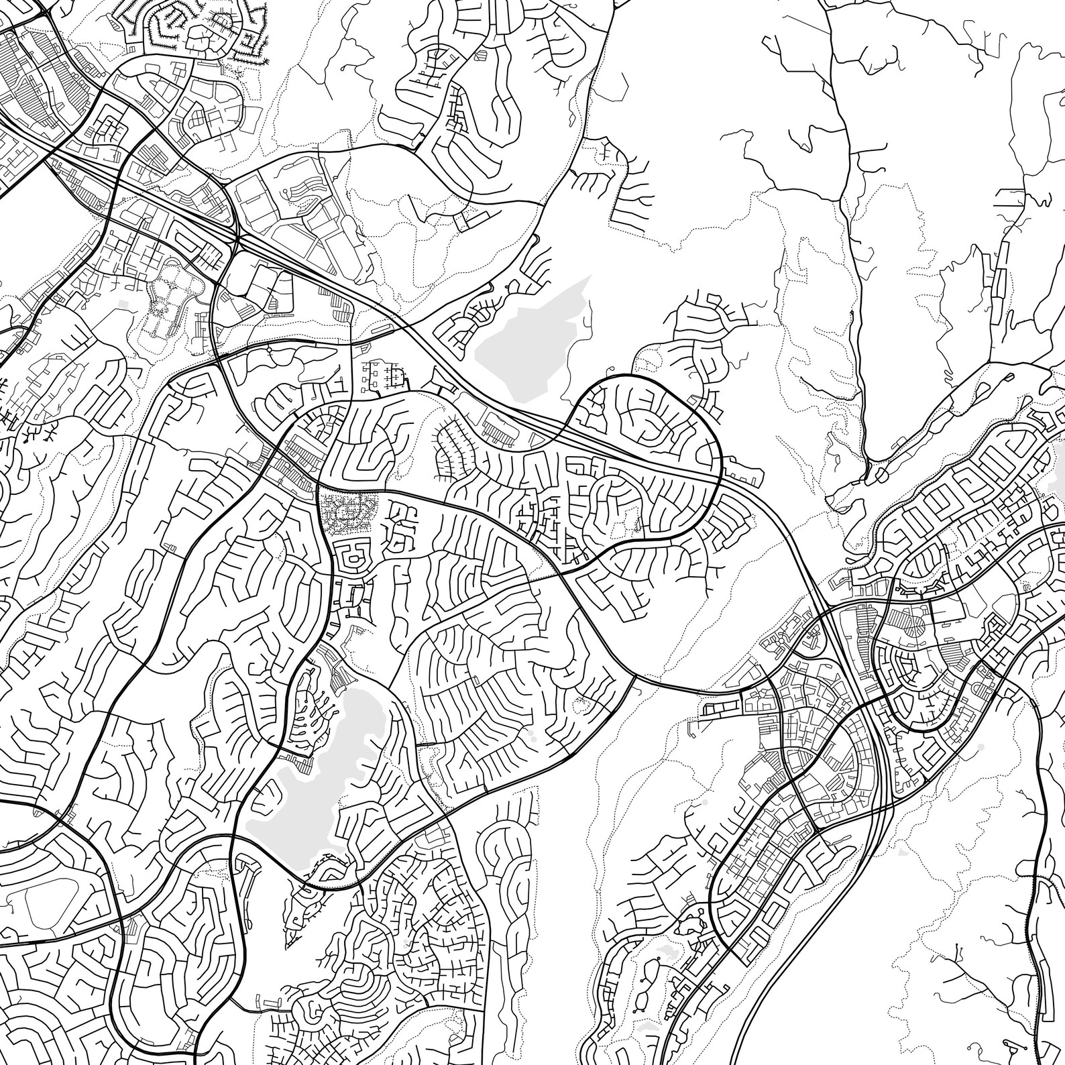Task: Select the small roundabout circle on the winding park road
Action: coord(269,349)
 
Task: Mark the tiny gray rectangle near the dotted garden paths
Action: coord(123,304)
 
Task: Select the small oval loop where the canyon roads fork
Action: coord(873,477)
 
